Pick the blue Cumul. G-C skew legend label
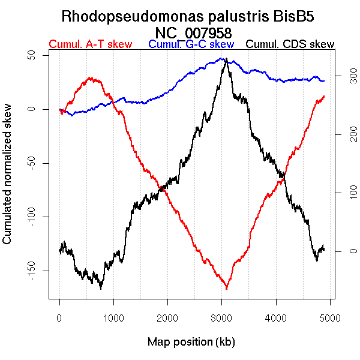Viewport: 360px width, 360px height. point(191,44)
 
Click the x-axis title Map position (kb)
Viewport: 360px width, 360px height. point(191,342)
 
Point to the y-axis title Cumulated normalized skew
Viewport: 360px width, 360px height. point(8,180)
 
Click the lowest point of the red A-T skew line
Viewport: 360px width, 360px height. point(227,289)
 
